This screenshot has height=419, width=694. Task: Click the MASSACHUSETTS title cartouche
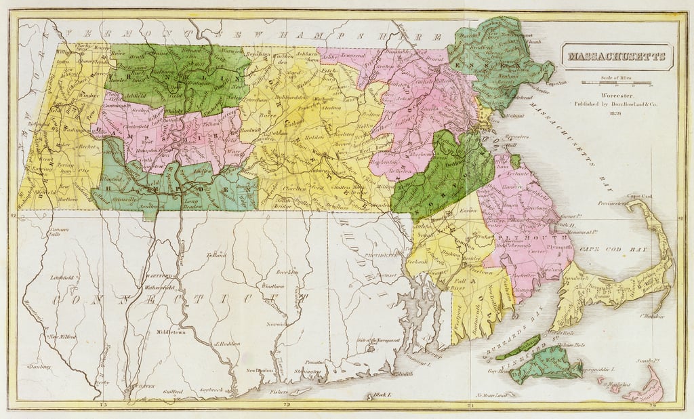click(x=615, y=57)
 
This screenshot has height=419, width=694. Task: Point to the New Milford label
click(x=61, y=336)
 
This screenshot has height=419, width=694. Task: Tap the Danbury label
click(x=36, y=366)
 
